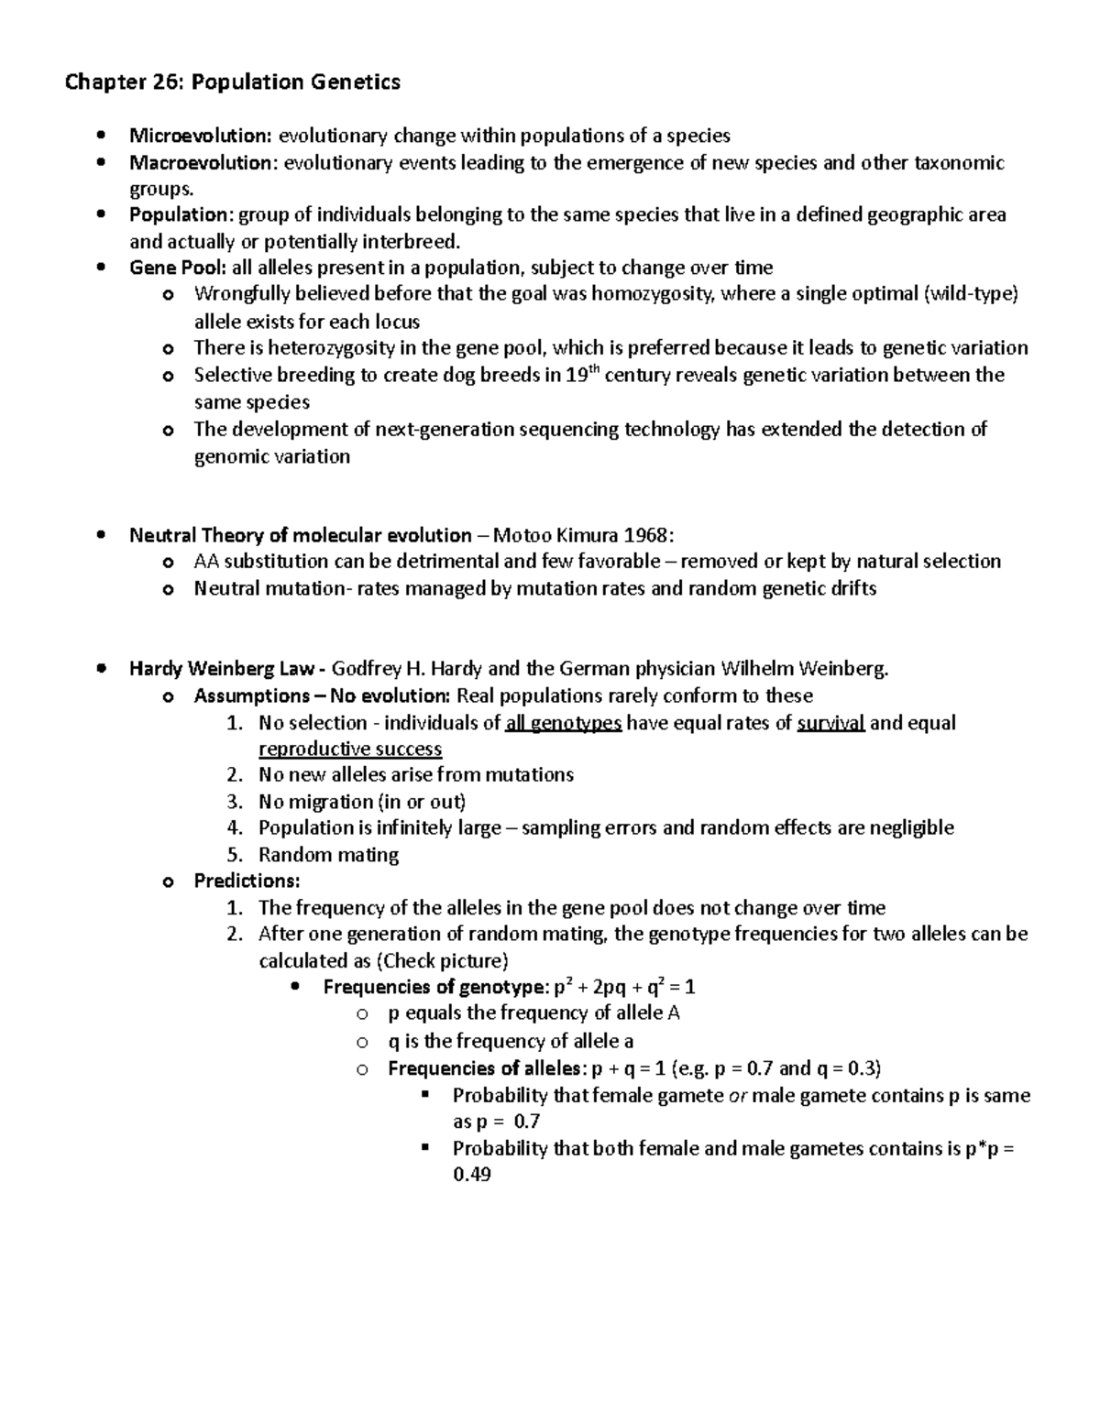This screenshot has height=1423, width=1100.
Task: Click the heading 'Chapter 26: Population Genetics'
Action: (x=232, y=82)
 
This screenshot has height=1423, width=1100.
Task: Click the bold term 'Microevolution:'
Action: (x=200, y=137)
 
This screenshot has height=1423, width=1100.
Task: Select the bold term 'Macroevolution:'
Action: (x=203, y=163)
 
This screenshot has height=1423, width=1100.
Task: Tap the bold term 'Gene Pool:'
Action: (x=176, y=268)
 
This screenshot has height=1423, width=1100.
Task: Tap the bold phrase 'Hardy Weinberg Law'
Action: (x=221, y=669)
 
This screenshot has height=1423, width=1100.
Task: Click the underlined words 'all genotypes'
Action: (x=564, y=723)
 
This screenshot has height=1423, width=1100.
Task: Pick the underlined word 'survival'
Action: (x=830, y=723)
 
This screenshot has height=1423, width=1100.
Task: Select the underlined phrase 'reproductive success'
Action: (x=350, y=750)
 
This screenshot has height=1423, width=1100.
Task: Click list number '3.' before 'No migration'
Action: (x=235, y=802)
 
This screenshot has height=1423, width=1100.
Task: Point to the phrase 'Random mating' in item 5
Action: (x=328, y=855)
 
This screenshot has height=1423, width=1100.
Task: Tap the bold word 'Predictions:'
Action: (x=247, y=881)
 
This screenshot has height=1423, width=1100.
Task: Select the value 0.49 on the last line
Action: (x=472, y=1175)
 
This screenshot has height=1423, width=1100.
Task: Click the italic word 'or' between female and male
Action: (x=738, y=1096)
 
